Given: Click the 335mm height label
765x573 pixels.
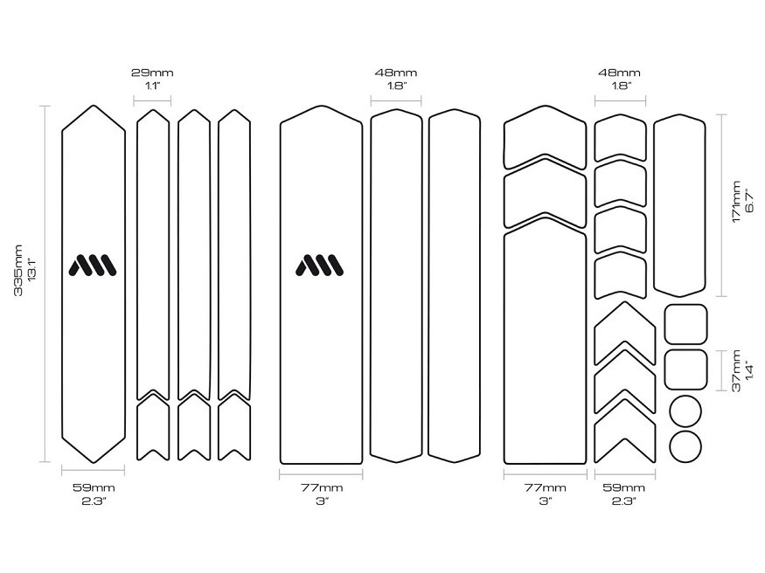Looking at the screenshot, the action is (x=18, y=271).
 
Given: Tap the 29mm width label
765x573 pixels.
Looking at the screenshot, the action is (x=152, y=73).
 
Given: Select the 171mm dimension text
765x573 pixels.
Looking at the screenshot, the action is (x=736, y=202).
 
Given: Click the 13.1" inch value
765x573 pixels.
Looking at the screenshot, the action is (x=32, y=271).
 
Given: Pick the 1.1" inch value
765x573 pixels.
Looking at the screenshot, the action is (x=152, y=86).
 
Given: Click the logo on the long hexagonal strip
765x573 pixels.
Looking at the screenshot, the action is (x=93, y=265).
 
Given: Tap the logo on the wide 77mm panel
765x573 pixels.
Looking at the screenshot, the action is (x=320, y=265).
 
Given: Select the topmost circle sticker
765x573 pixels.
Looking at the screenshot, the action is (x=685, y=411).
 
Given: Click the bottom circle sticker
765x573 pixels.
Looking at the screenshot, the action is (x=685, y=446).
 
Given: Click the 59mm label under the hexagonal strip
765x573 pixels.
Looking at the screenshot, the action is (x=94, y=487).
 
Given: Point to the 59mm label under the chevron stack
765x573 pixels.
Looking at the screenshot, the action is (x=624, y=487).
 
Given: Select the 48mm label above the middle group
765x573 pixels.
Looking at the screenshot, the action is (x=396, y=73).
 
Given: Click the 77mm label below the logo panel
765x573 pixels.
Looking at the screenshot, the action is (x=322, y=487).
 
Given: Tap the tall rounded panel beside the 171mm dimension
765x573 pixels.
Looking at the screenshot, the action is (x=654, y=205).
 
